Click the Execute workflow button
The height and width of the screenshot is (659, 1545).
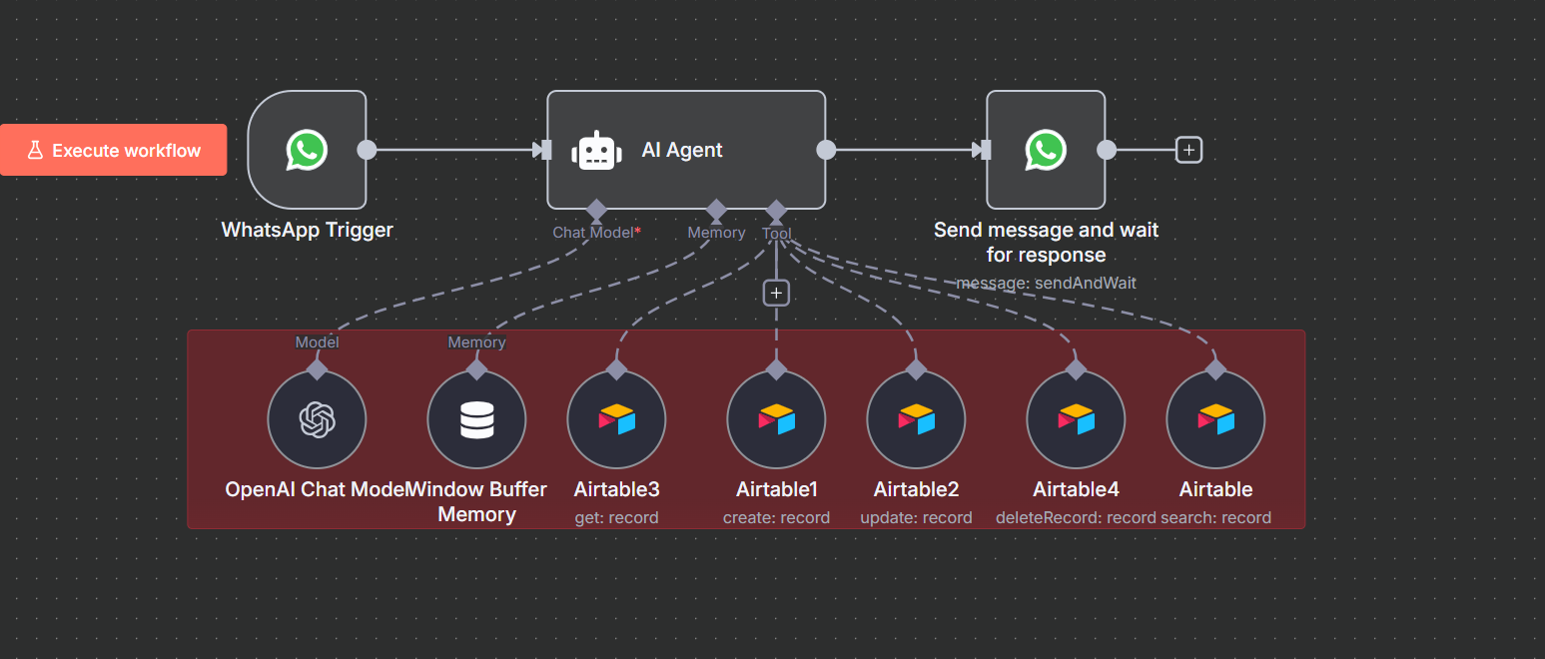[x=114, y=150]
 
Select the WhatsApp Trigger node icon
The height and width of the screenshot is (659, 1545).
[x=307, y=150]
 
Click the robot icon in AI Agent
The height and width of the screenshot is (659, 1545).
[x=596, y=150]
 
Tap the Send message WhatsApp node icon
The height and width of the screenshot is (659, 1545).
[x=1046, y=150]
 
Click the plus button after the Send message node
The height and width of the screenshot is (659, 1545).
[x=1188, y=150]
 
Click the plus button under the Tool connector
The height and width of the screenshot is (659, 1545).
[x=776, y=293]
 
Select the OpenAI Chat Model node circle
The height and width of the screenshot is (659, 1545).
[x=317, y=419]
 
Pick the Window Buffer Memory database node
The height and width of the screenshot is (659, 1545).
[x=476, y=419]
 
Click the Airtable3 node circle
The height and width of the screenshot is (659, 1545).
[x=616, y=419]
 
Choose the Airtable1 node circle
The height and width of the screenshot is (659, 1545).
[x=776, y=419]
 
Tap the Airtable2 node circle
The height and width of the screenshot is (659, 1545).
[x=916, y=419]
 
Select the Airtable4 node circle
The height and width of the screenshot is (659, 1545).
[x=1076, y=419]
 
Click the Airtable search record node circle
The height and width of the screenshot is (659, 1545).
[x=1215, y=419]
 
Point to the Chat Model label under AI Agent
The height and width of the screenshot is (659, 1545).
[x=594, y=233]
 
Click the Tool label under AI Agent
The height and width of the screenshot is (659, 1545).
[x=776, y=234]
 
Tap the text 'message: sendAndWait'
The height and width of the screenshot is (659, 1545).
[x=1046, y=283]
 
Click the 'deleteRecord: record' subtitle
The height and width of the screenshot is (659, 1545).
[x=1075, y=517]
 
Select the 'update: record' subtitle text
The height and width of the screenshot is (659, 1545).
[x=916, y=517]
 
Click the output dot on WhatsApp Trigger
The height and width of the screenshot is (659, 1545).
[x=367, y=150]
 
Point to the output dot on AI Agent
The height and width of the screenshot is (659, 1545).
[x=826, y=150]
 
